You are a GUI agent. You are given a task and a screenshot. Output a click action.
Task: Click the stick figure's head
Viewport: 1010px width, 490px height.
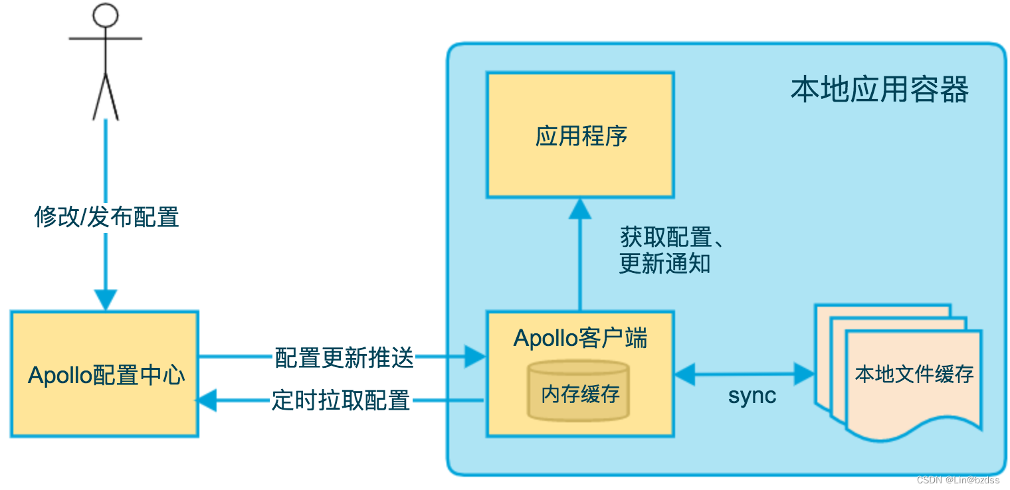click(105, 15)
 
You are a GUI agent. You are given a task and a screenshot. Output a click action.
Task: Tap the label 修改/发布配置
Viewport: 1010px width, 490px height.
click(106, 217)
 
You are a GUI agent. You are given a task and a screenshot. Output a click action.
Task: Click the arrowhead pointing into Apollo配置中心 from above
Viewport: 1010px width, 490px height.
click(106, 299)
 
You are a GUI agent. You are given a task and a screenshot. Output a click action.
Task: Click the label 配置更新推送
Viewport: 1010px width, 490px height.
click(344, 358)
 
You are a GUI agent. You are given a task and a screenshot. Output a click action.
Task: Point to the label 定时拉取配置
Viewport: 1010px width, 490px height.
click(341, 400)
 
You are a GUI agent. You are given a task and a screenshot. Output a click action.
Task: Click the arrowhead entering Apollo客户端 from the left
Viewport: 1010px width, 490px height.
click(474, 357)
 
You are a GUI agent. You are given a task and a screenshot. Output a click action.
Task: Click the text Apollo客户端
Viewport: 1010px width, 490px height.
click(580, 338)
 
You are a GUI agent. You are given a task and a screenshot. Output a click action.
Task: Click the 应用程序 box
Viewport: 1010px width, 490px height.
click(580, 135)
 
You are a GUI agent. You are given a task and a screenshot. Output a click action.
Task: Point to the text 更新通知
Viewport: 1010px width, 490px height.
click(664, 264)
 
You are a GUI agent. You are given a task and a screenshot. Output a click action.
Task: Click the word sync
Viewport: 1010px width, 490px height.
click(752, 396)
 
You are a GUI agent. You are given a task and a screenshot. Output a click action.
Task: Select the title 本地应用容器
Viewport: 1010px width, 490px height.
click(879, 90)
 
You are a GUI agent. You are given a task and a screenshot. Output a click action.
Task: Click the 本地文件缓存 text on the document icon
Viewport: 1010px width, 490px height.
click(914, 374)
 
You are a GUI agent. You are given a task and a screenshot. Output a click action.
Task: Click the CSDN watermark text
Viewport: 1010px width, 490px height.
click(958, 480)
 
